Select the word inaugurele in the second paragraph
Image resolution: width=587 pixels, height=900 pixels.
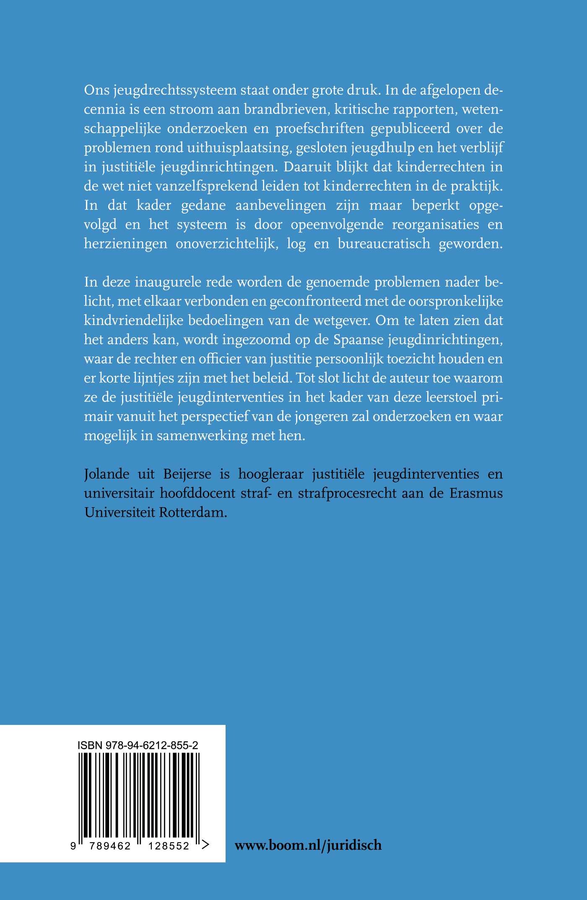[167, 282]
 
